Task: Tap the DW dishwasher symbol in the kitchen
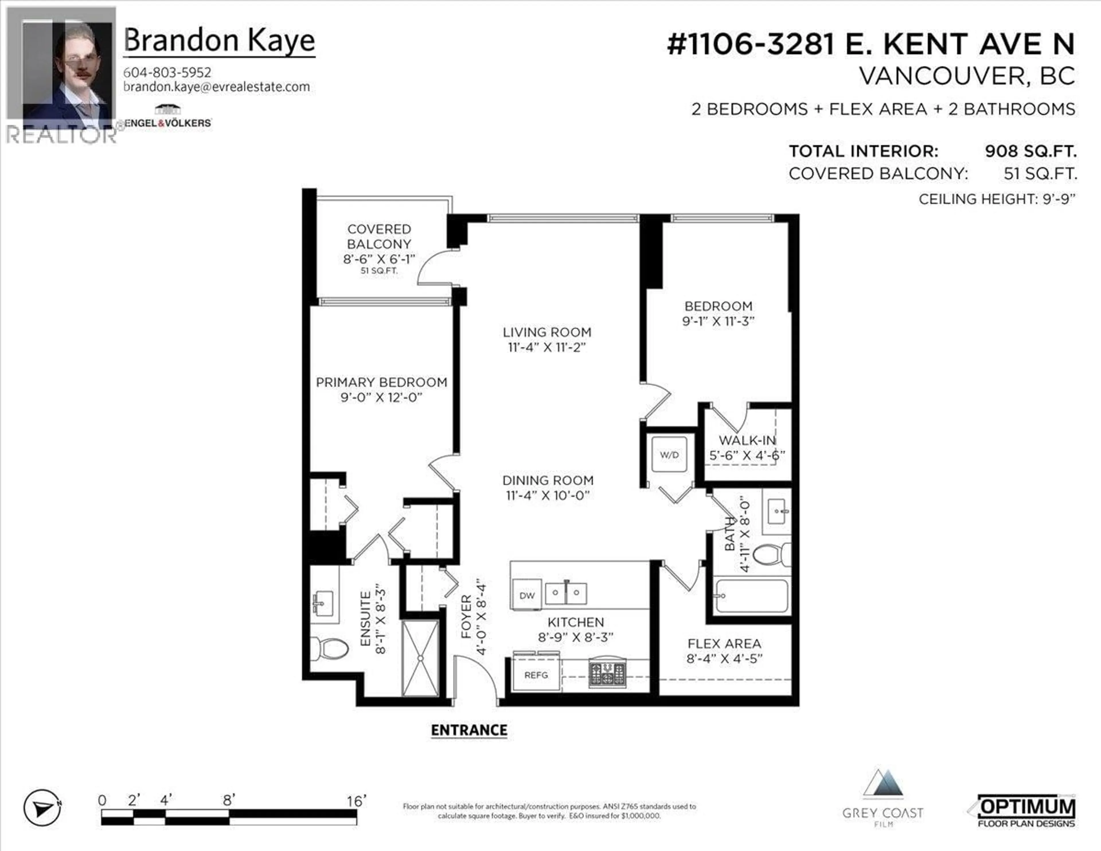point(527,595)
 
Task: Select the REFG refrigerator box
point(536,675)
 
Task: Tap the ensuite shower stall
point(420,658)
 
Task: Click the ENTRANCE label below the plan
point(469,730)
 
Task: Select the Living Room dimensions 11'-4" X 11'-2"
point(547,347)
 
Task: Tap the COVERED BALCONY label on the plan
point(379,237)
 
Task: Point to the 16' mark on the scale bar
point(356,801)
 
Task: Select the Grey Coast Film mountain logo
point(883,785)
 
